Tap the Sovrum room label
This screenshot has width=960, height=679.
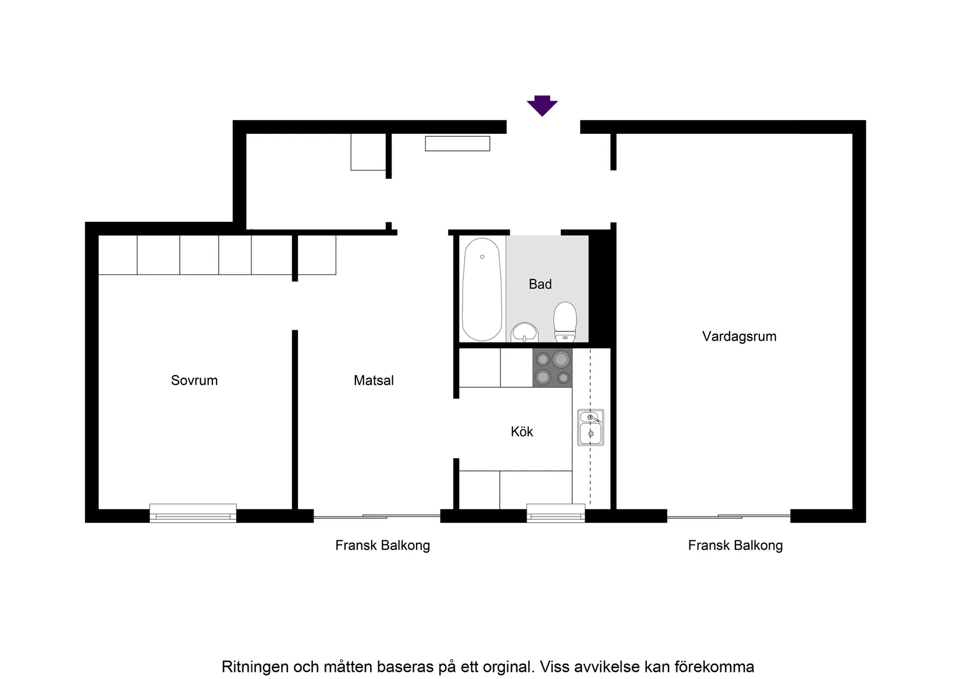[194, 380]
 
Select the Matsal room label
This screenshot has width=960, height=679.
[374, 380]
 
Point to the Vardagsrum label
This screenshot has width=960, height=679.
[739, 336]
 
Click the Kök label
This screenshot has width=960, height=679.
[522, 432]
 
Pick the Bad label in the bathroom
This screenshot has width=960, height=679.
[540, 284]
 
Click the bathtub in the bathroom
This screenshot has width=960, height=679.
[482, 289]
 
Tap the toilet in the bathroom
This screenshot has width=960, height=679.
[565, 322]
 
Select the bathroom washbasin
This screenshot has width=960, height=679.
[525, 334]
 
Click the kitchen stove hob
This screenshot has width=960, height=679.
[553, 368]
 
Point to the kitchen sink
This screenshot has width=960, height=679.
[591, 428]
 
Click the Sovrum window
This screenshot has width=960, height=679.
[193, 513]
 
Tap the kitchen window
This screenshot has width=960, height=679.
[556, 513]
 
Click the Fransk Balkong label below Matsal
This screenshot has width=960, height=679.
[382, 546]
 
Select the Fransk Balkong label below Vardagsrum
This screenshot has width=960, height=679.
[735, 546]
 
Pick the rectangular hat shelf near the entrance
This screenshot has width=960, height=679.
[457, 143]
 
